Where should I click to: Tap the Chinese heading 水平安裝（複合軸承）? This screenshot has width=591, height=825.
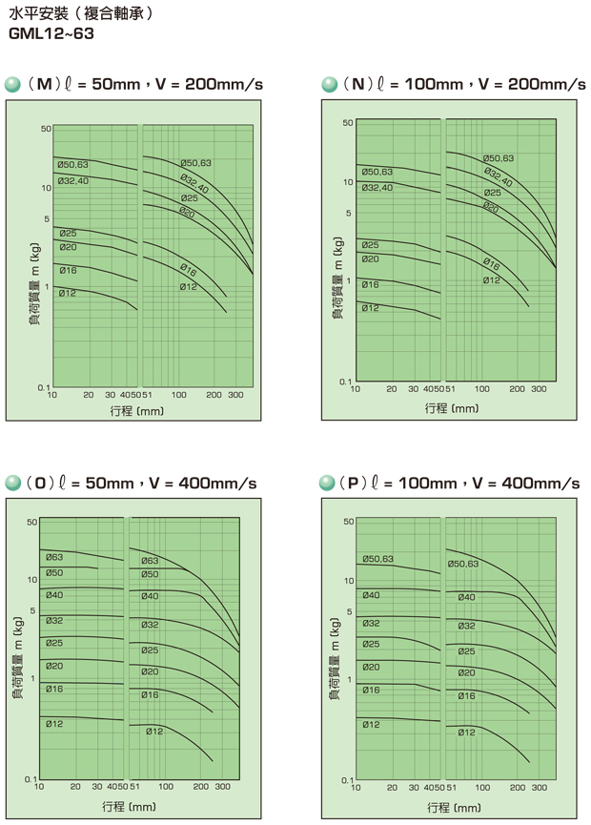tap(81, 15)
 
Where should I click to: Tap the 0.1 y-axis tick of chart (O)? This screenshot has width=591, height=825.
tap(31, 779)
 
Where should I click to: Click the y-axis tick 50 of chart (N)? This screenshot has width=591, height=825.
tap(349, 123)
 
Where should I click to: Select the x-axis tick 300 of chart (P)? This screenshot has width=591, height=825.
tap(540, 787)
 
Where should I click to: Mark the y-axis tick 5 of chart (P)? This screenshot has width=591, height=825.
tap(350, 611)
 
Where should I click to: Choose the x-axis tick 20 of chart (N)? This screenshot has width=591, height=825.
tap(391, 389)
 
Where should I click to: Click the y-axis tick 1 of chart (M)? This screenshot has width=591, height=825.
tap(47, 287)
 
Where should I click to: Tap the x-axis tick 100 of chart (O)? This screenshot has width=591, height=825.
tap(167, 787)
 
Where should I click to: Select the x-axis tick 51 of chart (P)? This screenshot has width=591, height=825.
tap(451, 787)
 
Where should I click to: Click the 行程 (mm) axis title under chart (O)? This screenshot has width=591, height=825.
tap(130, 807)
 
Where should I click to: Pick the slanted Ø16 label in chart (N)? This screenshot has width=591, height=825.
tap(491, 262)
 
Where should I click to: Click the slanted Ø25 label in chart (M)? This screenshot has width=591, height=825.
tap(189, 198)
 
